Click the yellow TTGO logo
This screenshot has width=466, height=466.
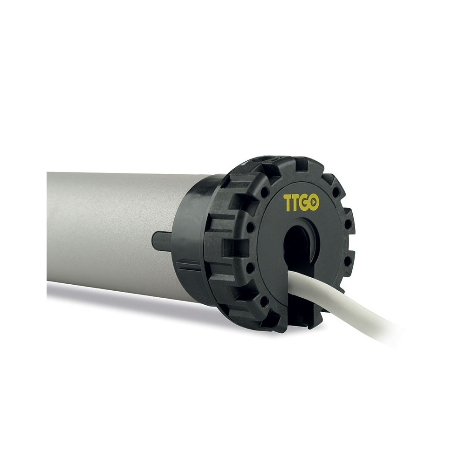click(301, 203)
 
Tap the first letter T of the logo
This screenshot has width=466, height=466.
click(288, 203)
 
